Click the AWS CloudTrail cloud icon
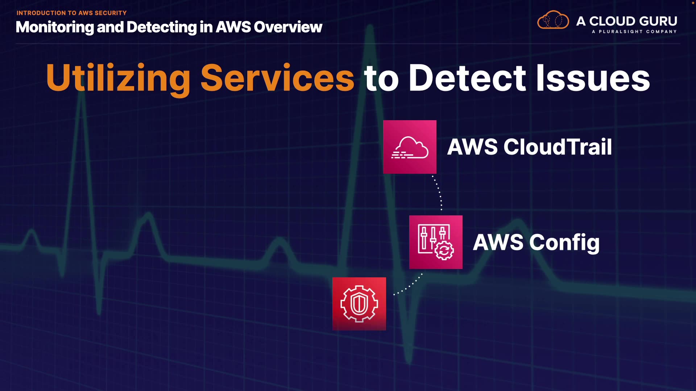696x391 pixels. point(410,147)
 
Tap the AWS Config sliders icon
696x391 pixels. point(436,242)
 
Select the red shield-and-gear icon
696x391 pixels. point(359,304)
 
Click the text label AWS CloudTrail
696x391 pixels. point(529,147)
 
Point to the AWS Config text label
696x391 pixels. point(536,242)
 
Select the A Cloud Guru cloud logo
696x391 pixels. point(553,20)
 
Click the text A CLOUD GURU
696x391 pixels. point(626,21)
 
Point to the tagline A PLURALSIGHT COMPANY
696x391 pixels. point(634,32)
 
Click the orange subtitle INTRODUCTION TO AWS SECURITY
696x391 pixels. point(71,13)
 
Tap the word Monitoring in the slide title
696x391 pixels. point(55,27)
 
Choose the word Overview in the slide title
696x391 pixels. point(288,27)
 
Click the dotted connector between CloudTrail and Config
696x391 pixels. point(439,192)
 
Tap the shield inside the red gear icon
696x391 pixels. point(359,303)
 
